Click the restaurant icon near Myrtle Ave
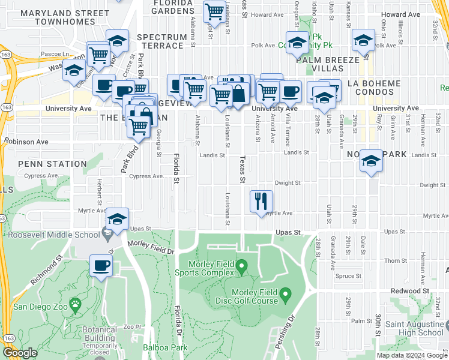pos(261,201)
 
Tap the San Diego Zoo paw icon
pos(75,305)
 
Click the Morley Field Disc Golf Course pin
pos(286,295)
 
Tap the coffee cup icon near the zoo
pos(101,265)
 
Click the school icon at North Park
pos(372,160)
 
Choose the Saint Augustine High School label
pos(411,328)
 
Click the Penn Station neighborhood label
pos(52,164)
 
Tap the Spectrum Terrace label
pos(161,41)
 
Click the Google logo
pos(20,353)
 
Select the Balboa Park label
pos(165,347)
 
